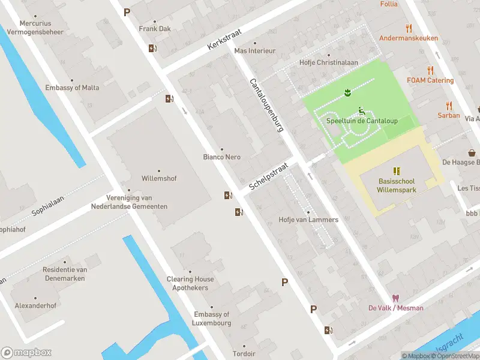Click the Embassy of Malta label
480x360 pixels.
click(x=72, y=88)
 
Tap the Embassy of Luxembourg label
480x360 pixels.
click(x=212, y=319)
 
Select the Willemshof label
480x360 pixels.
click(x=159, y=179)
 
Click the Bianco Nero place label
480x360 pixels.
click(x=221, y=157)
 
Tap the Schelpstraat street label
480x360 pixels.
click(x=269, y=176)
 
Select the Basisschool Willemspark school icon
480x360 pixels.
click(x=396, y=171)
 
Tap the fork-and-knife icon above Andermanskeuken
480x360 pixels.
click(x=409, y=28)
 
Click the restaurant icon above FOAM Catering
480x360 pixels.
click(x=430, y=70)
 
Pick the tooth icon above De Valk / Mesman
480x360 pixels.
click(x=395, y=298)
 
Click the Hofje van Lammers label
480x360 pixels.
click(x=308, y=220)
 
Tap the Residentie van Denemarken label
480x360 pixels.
click(x=65, y=274)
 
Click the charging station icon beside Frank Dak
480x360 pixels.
click(x=152, y=49)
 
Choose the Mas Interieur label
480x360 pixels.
click(x=254, y=51)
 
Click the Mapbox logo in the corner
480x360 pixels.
click(x=26, y=352)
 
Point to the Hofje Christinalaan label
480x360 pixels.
click(x=329, y=62)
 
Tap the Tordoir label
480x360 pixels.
click(x=244, y=353)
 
